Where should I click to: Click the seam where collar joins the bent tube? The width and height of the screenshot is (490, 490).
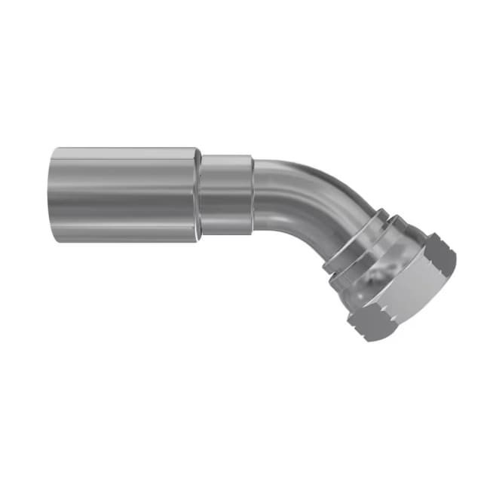pyautogui.click(x=254, y=194)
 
